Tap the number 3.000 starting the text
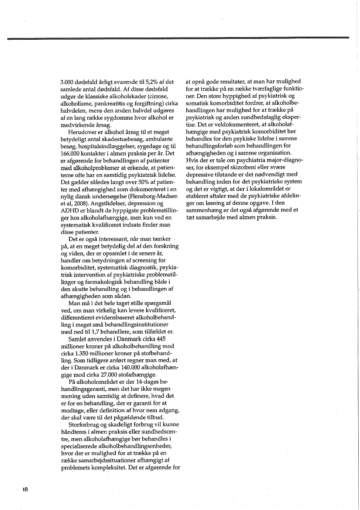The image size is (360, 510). (x=68, y=82)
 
